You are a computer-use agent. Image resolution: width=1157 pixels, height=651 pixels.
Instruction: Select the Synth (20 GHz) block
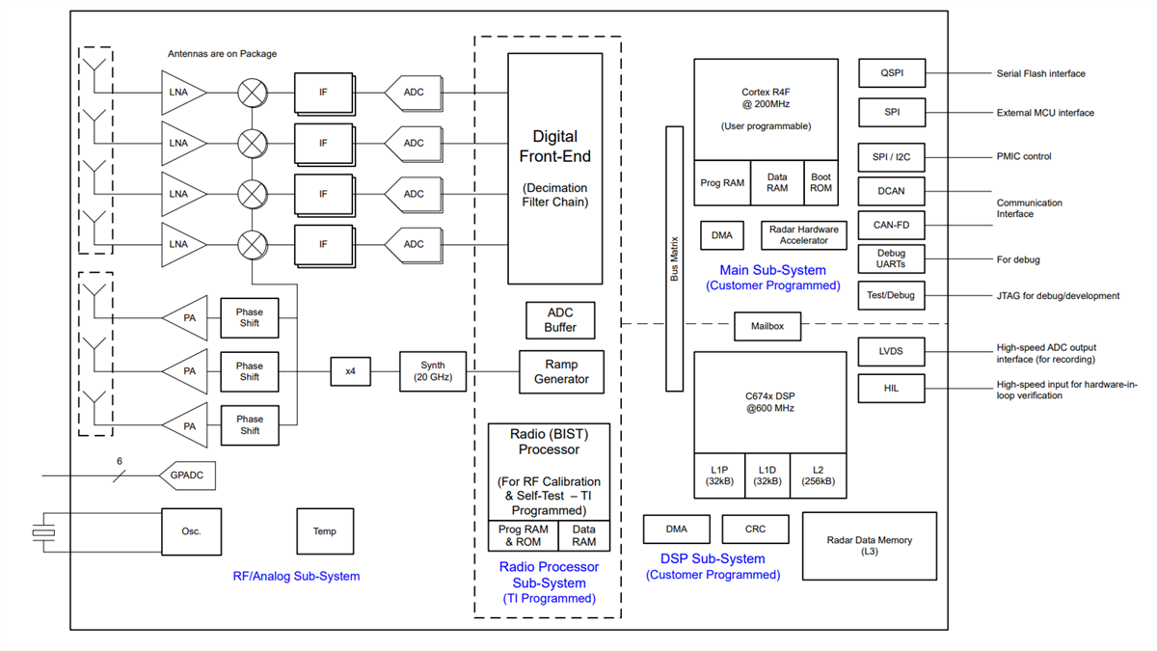(432, 370)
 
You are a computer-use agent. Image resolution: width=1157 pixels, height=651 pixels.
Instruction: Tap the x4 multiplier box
(350, 370)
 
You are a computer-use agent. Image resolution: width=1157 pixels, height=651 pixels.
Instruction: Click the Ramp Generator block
(561, 372)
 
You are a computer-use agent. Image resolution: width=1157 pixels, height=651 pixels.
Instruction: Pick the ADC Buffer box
(560, 320)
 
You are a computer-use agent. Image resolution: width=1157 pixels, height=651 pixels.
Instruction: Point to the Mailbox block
(767, 326)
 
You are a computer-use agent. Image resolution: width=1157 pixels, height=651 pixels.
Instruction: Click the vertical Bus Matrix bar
(674, 258)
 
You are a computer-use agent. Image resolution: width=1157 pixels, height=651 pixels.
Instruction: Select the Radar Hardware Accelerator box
(803, 234)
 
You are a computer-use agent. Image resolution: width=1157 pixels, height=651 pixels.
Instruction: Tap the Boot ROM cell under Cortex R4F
(821, 182)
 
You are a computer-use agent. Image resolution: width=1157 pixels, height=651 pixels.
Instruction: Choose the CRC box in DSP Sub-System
(755, 529)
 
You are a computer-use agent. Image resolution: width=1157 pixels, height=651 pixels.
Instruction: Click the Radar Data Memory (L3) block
(869, 546)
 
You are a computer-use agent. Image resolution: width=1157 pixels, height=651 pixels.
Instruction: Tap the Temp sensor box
(324, 531)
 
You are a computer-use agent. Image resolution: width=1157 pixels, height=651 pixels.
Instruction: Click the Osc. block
(191, 531)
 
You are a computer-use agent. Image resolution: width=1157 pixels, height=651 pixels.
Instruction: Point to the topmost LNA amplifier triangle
(181, 93)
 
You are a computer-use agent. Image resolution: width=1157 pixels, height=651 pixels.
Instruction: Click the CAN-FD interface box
(891, 226)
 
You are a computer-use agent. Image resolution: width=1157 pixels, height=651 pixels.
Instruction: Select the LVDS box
(891, 351)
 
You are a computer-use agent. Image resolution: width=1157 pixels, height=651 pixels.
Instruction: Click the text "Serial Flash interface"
(1040, 73)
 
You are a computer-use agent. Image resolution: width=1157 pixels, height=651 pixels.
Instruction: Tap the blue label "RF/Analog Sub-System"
(296, 576)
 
